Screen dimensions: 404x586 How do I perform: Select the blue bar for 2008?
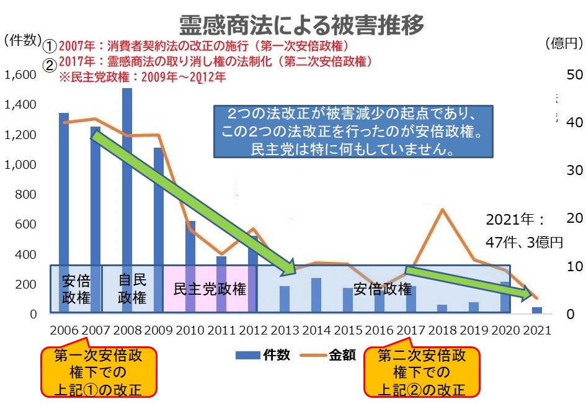127,186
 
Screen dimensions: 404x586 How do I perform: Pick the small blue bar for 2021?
537,310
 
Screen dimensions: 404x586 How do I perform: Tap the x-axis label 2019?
474,330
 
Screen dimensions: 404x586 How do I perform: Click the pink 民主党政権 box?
210,289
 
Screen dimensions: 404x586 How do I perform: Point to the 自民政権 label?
131,289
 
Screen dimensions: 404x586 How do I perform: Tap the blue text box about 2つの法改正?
353,131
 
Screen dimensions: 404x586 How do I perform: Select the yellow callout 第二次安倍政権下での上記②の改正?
422,372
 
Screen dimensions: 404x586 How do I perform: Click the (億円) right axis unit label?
564,43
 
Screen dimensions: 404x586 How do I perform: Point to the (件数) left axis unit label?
22,40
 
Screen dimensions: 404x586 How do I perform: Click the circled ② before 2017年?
50,62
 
